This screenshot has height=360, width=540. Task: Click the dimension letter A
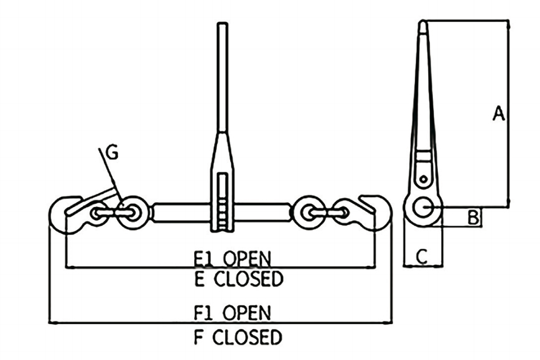coord(498,114)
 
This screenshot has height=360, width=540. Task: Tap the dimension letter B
coord(473,218)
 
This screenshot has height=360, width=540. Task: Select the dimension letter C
coord(422,256)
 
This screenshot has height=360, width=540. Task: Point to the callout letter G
coord(112,152)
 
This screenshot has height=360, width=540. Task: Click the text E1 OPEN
coord(233,259)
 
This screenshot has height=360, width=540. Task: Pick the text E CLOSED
coord(239,279)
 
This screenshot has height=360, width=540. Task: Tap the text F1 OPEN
coord(233,313)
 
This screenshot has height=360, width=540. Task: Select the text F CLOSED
coord(238,337)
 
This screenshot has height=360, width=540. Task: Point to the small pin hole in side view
coord(423,179)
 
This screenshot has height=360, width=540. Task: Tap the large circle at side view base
coord(424,207)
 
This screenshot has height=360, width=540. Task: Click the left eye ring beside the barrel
coord(133,213)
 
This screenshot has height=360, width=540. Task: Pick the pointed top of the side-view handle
coord(423,21)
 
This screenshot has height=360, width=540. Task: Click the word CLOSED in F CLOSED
coord(247,337)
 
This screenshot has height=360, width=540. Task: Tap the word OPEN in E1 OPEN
coord(247,259)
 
